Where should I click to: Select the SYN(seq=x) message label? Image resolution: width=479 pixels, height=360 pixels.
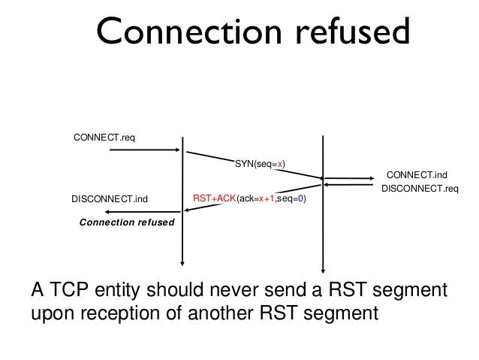tap(261, 164)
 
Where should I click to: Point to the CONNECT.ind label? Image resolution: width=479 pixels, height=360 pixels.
tap(421, 174)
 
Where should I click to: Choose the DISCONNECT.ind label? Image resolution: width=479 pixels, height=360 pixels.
tap(110, 199)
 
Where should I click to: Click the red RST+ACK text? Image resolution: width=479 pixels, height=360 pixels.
tap(214, 199)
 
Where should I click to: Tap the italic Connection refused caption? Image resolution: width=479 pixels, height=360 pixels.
tap(127, 223)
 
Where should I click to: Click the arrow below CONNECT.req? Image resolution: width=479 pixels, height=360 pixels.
tap(146, 150)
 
